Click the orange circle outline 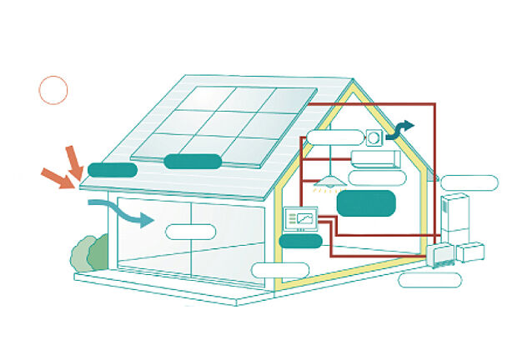tap(53, 90)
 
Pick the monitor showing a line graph tap(302, 219)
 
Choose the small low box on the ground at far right tap(471, 252)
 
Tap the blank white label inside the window tap(191, 232)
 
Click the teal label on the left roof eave tap(112, 170)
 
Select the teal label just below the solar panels tap(192, 162)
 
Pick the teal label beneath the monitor tap(300, 241)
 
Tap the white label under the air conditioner tap(377, 177)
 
